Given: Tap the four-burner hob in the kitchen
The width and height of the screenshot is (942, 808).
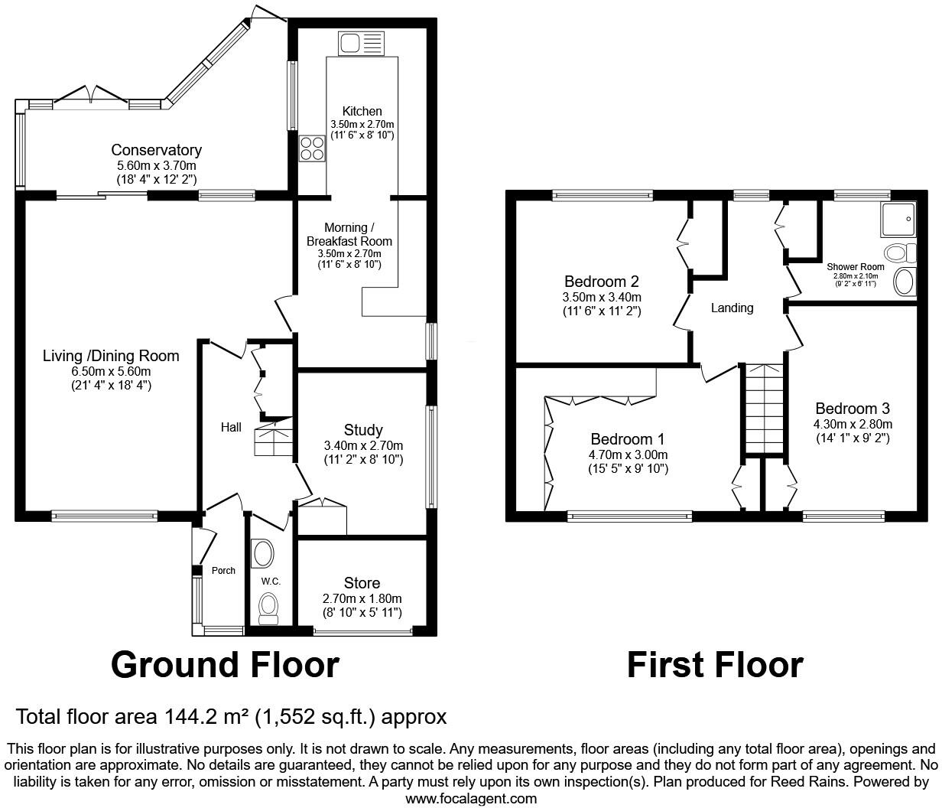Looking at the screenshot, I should pyautogui.click(x=311, y=147).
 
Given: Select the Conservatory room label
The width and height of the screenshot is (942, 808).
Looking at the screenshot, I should pyautogui.click(x=156, y=150).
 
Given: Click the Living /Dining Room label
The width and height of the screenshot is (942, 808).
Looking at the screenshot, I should pyautogui.click(x=111, y=356).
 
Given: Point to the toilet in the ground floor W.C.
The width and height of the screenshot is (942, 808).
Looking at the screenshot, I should pyautogui.click(x=268, y=608).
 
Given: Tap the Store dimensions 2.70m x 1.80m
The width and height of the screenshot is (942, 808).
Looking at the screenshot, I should pyautogui.click(x=362, y=598).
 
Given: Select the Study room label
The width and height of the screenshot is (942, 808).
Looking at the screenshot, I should pyautogui.click(x=363, y=429).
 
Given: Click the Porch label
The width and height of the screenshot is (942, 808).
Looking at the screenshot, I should pyautogui.click(x=223, y=570).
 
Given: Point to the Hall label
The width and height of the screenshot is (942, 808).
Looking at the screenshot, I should pyautogui.click(x=231, y=428).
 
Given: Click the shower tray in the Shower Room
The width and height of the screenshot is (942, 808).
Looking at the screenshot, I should pyautogui.click(x=898, y=220).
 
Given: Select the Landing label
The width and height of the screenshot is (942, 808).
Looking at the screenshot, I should pyautogui.click(x=732, y=308).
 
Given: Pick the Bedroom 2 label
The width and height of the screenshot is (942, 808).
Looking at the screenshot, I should pyautogui.click(x=601, y=281).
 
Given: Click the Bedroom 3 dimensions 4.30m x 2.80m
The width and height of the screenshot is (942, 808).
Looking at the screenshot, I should pyautogui.click(x=853, y=424).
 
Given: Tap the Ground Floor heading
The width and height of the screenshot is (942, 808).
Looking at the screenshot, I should pyautogui.click(x=225, y=664).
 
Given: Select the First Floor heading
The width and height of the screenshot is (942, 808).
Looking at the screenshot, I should pyautogui.click(x=715, y=664).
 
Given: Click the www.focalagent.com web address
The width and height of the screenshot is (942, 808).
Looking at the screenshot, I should pyautogui.click(x=471, y=798).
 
